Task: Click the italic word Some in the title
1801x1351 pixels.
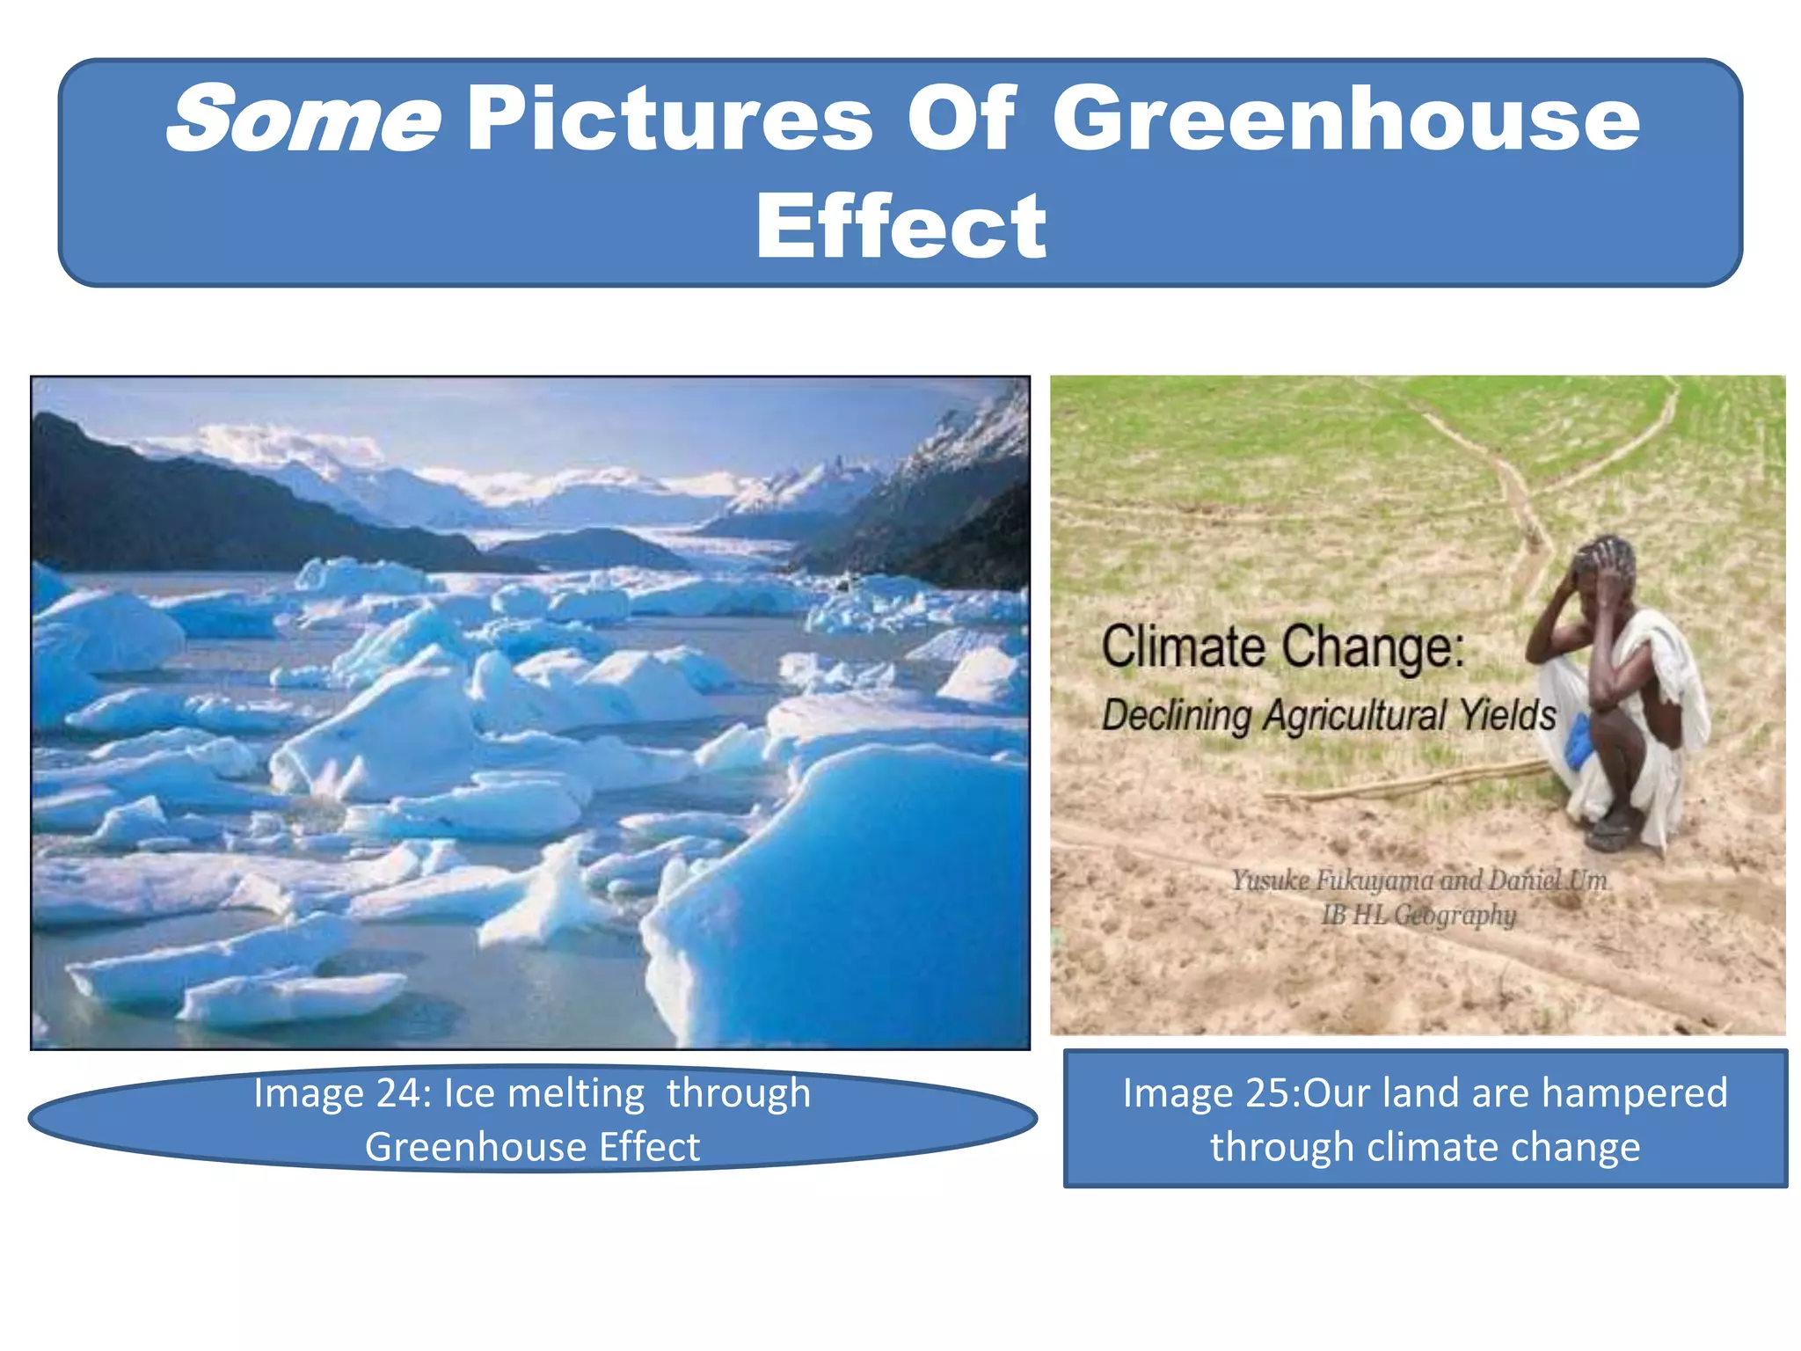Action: click(x=303, y=119)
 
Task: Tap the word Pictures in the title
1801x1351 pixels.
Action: click(x=669, y=119)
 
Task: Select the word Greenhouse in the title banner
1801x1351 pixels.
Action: click(x=1345, y=119)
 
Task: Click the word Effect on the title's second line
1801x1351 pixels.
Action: click(x=900, y=227)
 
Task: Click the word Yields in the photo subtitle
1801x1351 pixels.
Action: click(x=1507, y=713)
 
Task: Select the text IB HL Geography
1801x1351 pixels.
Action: click(x=1418, y=915)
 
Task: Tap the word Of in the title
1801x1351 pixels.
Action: click(x=961, y=119)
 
